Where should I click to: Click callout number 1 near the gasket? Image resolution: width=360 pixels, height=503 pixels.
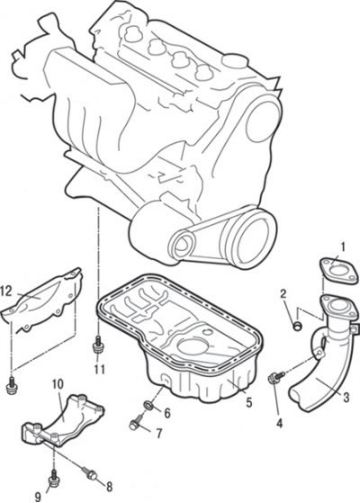pos(343,247)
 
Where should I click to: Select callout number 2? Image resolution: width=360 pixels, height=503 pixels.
pos(283,293)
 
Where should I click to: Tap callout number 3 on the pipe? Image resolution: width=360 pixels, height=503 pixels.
pos(346,398)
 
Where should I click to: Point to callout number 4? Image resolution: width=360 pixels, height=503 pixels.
pos(280,424)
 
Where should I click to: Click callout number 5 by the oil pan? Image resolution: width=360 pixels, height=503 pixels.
pos(249,402)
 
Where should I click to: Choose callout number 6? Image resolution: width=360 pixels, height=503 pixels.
pos(167,413)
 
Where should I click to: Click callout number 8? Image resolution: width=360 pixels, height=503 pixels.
pos(109,487)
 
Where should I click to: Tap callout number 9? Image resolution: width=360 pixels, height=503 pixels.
pos(38,497)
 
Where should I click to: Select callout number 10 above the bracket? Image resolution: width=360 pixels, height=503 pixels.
pos(58,383)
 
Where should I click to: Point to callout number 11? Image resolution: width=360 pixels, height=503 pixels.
pos(100,369)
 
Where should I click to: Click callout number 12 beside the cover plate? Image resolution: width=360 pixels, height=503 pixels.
pos(6,292)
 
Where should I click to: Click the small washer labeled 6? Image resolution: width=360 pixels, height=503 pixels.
pos(148,405)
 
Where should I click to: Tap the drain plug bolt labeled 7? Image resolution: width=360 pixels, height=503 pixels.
pos(137,421)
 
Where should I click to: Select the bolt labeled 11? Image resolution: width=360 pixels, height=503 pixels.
pos(97,345)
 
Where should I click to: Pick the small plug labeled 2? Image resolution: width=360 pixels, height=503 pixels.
pos(298,326)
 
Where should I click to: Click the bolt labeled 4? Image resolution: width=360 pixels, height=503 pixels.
pos(276,376)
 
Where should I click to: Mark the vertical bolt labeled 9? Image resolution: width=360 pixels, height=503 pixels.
pos(53,477)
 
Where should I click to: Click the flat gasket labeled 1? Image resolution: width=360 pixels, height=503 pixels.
pos(339,273)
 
